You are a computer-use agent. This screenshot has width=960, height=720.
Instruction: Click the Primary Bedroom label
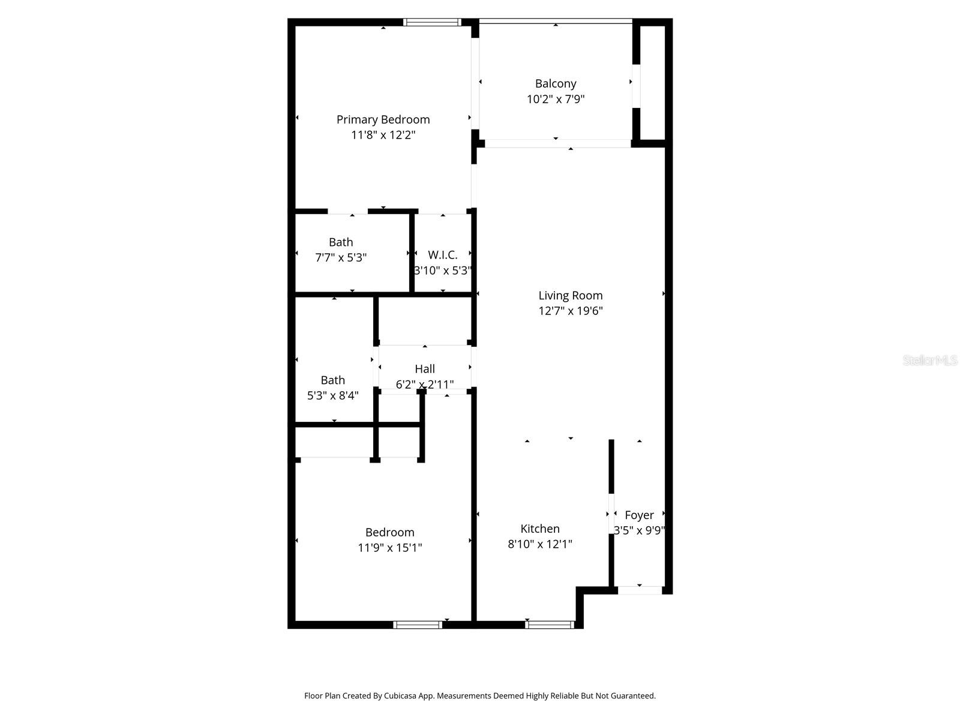[x=383, y=119]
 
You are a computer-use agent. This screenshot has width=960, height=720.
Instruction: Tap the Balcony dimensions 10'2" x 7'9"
[x=556, y=100]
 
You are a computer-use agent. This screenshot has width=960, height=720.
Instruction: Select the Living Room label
[x=570, y=295]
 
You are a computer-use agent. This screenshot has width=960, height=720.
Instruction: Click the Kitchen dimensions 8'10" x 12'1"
[x=540, y=544]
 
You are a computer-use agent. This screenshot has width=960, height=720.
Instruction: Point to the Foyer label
[x=639, y=515]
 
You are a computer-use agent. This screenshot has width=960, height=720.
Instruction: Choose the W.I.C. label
[x=443, y=255]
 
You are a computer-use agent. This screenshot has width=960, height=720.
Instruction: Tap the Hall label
[x=425, y=368]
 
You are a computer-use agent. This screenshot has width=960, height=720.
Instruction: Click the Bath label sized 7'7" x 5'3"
[x=341, y=242]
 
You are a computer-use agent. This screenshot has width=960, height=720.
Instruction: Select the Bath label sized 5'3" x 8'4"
[x=333, y=380]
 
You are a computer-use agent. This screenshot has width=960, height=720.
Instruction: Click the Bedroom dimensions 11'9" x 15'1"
[x=390, y=548]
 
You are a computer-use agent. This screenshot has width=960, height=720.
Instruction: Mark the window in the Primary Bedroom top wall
[x=432, y=22]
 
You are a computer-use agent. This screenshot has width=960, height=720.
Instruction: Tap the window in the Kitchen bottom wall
[x=550, y=625]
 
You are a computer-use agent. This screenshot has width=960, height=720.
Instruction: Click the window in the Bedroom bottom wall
[x=418, y=625]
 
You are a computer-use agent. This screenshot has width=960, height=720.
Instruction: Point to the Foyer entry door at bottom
[x=640, y=590]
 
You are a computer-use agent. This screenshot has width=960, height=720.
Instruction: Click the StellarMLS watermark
[x=930, y=360]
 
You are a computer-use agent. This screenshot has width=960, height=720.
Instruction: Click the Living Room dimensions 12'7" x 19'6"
[x=570, y=311]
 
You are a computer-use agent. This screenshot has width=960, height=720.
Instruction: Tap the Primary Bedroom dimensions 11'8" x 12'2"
[x=383, y=135]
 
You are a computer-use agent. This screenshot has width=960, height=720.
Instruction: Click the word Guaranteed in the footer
[x=633, y=696]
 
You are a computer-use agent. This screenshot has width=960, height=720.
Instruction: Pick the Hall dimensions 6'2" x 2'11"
[x=425, y=384]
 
